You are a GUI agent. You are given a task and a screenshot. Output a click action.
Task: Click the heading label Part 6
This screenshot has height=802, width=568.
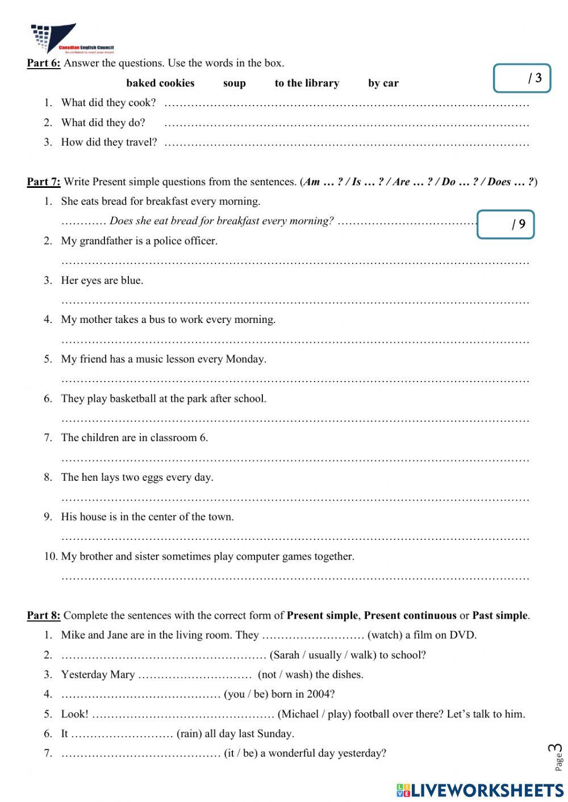click(43, 63)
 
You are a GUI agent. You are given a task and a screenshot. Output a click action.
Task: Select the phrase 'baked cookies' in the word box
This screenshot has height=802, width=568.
click(160, 83)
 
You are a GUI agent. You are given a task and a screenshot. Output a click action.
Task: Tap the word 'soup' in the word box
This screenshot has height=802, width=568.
click(234, 83)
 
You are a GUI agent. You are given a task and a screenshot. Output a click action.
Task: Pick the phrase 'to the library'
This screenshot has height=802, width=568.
click(307, 83)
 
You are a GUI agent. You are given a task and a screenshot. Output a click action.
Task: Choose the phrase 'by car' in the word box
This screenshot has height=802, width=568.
click(383, 83)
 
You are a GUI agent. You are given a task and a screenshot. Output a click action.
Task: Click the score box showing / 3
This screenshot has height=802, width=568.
click(522, 78)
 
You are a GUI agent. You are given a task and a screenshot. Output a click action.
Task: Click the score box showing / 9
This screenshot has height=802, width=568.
click(506, 224)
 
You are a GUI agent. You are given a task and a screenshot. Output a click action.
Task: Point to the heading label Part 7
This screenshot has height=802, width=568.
click(43, 182)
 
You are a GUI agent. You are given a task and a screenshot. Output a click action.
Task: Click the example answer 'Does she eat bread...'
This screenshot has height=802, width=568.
click(222, 221)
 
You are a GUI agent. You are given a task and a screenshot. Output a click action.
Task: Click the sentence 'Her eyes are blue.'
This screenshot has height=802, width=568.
click(102, 280)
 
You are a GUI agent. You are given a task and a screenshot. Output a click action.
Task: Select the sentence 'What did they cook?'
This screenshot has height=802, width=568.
click(108, 103)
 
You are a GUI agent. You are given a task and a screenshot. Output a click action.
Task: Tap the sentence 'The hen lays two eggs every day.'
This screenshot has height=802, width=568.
click(137, 477)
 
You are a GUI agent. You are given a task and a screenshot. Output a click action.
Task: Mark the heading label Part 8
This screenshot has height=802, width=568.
click(43, 615)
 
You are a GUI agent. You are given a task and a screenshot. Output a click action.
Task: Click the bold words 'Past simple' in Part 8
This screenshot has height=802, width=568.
click(500, 615)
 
